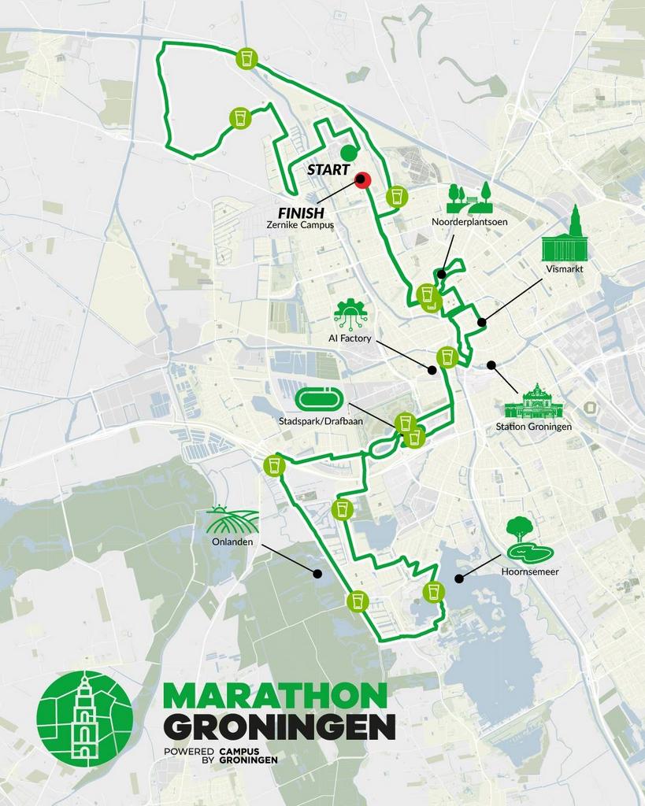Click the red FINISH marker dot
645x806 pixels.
pyautogui.click(x=362, y=179)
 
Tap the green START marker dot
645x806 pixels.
pyautogui.click(x=348, y=152)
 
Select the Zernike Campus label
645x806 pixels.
pyautogui.click(x=300, y=225)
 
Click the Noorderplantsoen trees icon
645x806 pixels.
pyautogui.click(x=469, y=198)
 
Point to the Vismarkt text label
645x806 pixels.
pyautogui.click(x=565, y=268)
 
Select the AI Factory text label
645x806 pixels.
pyautogui.click(x=350, y=338)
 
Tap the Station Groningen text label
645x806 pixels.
pyautogui.click(x=533, y=427)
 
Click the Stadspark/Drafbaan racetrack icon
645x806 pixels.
pyautogui.click(x=319, y=400)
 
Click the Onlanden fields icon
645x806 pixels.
pyautogui.click(x=232, y=519)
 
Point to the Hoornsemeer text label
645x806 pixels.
pyautogui.click(x=529, y=572)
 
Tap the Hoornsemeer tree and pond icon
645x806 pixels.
pyautogui.click(x=528, y=538)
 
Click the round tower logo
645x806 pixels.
pyautogui.click(x=84, y=719)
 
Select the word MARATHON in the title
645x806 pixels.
pyautogui.click(x=275, y=696)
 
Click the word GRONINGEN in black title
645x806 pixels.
pyautogui.click(x=279, y=727)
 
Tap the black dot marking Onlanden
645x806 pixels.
pyautogui.click(x=317, y=573)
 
